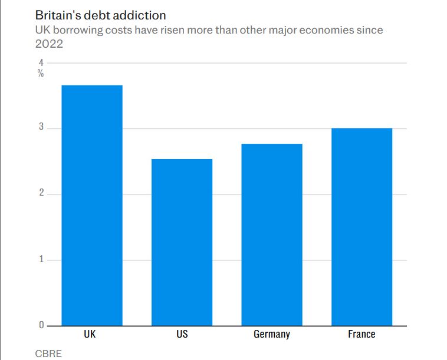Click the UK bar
coord(92,205)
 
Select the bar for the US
coord(182,242)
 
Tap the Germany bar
coord(272,235)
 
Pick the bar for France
coord(361,227)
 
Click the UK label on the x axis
coord(90,334)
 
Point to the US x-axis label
coord(182,334)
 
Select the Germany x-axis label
coord(272,334)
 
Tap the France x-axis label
coord(361,334)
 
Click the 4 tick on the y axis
coord(41,62)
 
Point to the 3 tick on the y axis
coord(41,128)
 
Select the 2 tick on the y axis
coord(41,194)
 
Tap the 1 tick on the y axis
coord(41,259)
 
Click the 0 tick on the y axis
coord(41,325)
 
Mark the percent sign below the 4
coord(41,74)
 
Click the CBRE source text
coord(48,354)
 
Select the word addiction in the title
coord(141,14)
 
